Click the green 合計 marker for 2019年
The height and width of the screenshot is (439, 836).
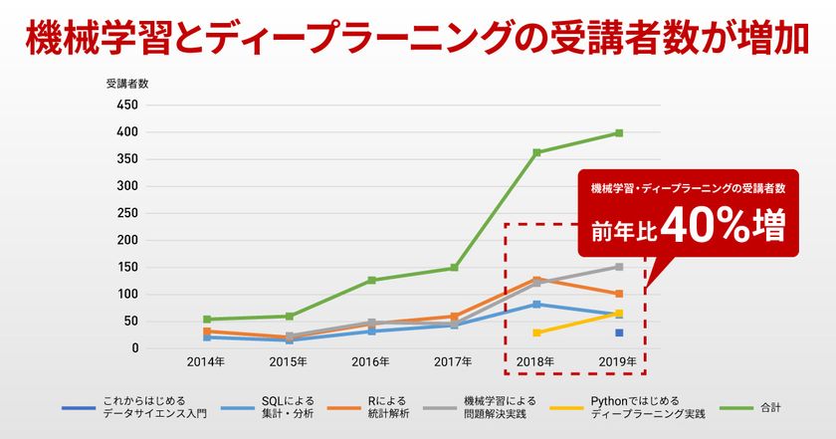pos(619,132)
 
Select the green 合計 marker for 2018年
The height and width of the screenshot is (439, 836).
pos(536,152)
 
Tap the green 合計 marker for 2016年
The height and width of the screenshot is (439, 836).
pos(371,281)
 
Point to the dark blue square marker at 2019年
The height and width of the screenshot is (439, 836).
pos(619,332)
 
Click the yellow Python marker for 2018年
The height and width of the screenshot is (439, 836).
pos(536,332)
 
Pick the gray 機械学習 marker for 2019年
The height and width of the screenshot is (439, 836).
pos(619,267)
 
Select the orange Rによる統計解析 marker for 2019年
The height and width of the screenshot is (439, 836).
pos(619,294)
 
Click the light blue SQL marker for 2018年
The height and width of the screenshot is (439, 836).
pos(536,304)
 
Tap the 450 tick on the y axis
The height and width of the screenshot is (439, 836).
pos(127,105)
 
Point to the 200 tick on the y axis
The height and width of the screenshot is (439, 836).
pos(127,240)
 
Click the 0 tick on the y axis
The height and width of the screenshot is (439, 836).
pos(133,348)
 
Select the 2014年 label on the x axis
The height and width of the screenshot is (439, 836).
pos(205,362)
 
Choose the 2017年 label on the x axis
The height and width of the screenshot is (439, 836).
pos(454,362)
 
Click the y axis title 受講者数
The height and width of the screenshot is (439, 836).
pos(126,84)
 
